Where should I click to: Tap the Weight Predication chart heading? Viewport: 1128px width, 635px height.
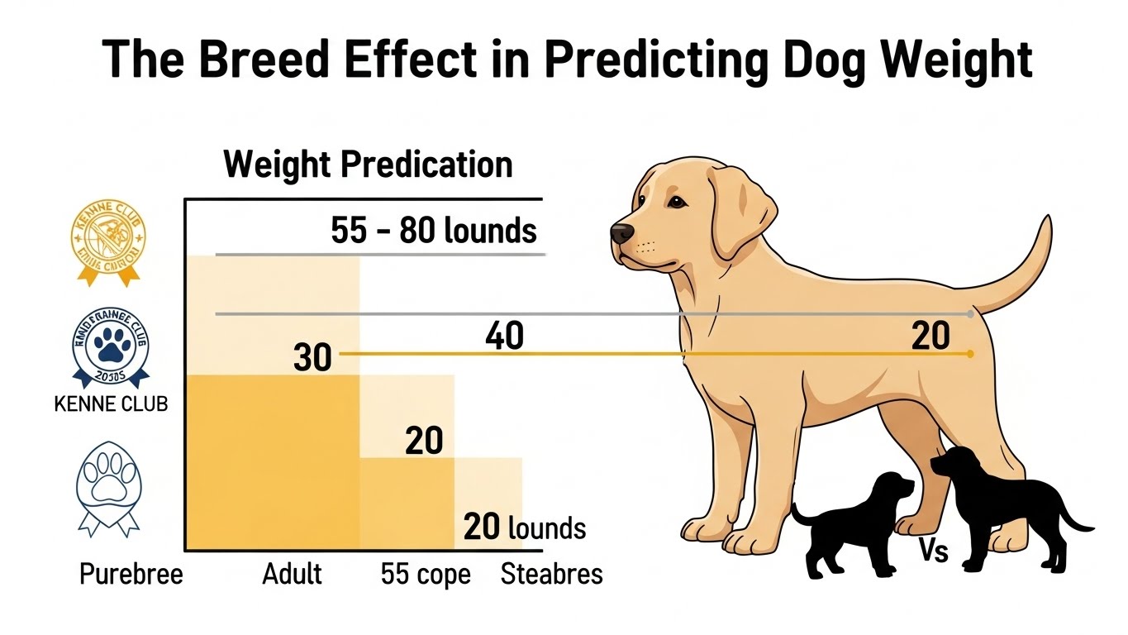[368, 165]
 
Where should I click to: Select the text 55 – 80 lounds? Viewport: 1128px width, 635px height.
[434, 231]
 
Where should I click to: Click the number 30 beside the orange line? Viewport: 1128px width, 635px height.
[312, 358]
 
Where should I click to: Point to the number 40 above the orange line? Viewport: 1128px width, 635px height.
[504, 337]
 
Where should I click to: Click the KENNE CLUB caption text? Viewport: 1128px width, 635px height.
[109, 404]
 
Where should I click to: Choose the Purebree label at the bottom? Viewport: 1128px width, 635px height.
[131, 574]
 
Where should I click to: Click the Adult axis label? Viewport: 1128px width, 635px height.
[292, 574]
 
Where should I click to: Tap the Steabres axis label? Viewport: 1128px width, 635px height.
[551, 574]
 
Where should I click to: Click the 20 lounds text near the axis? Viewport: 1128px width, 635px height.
[525, 527]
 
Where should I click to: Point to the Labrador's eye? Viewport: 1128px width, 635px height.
[676, 202]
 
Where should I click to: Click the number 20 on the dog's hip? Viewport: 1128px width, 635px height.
[930, 337]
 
